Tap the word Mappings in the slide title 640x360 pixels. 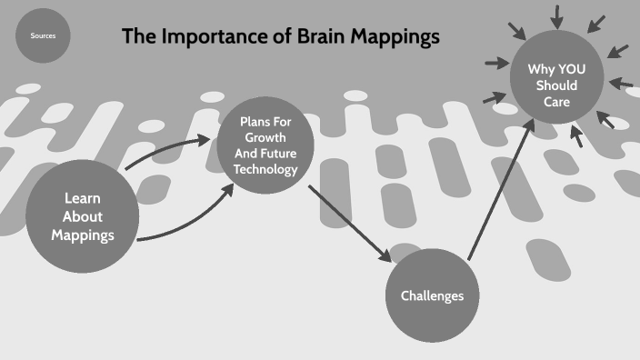click(x=395, y=37)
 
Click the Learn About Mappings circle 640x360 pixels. click(x=83, y=216)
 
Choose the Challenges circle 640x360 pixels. click(x=432, y=295)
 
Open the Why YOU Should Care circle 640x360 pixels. click(x=552, y=85)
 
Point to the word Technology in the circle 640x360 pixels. click(x=265, y=169)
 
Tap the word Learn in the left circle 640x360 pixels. click(x=83, y=197)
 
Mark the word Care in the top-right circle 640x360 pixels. click(x=557, y=102)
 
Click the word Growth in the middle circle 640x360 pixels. click(x=265, y=137)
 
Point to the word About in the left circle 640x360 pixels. click(x=83, y=216)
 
